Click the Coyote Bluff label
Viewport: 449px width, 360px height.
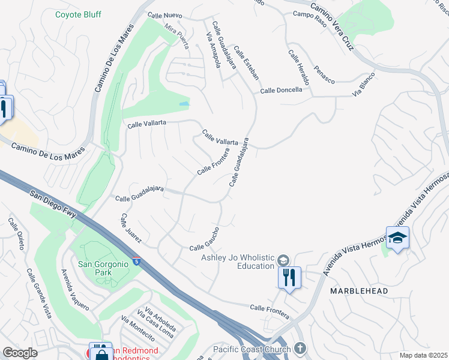coord(78,14)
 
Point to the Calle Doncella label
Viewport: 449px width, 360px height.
coord(281,90)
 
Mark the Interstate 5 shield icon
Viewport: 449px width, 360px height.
coord(137,262)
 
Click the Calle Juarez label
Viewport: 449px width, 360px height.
coord(130,228)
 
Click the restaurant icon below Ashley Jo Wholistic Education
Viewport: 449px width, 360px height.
coord(289,278)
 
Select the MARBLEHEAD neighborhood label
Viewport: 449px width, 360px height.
coord(359,291)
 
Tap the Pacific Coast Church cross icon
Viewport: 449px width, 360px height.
coord(300,349)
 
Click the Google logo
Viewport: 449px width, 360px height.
coord(20,353)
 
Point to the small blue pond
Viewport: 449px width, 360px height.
coord(184,104)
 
